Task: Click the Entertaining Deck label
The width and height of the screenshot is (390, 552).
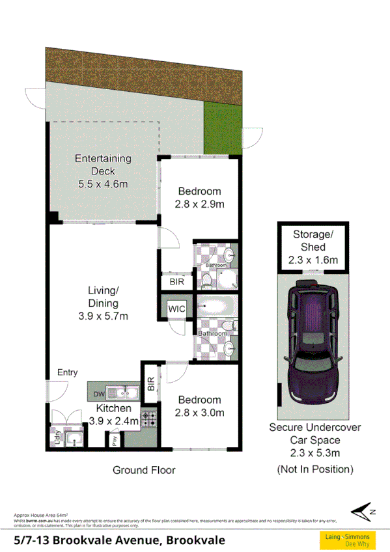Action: pyautogui.click(x=103, y=171)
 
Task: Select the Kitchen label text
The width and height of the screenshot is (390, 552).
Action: pyautogui.click(x=114, y=408)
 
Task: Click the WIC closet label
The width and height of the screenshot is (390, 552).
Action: pyautogui.click(x=176, y=309)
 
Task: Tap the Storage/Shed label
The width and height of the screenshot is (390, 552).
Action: pyautogui.click(x=313, y=247)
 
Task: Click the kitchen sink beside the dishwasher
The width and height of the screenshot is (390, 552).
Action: pyautogui.click(x=122, y=392)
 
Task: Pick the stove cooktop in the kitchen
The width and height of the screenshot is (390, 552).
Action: pyautogui.click(x=149, y=419)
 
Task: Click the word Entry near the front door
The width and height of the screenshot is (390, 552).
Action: pyautogui.click(x=68, y=372)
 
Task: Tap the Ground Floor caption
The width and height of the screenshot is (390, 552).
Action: pyautogui.click(x=144, y=469)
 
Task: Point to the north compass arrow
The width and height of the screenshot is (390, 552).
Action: pyautogui.click(x=363, y=510)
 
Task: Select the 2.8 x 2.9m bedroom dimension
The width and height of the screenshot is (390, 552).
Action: pyautogui.click(x=199, y=204)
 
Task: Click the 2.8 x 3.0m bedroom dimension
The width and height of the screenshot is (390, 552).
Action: pyautogui.click(x=199, y=413)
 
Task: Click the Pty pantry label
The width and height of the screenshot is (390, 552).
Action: pyautogui.click(x=114, y=440)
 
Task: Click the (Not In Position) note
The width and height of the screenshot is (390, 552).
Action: pyautogui.click(x=315, y=469)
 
